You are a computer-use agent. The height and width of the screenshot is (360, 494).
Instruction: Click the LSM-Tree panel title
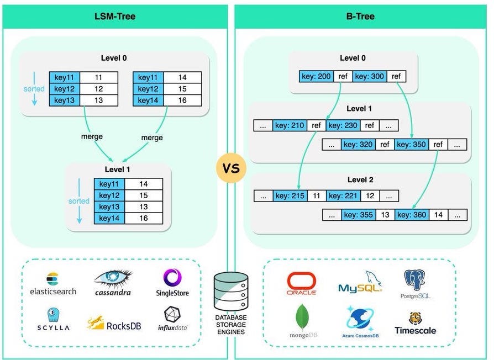[115, 16]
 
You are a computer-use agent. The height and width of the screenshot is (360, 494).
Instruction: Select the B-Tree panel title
[360, 16]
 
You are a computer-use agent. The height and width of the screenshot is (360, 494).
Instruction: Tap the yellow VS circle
[231, 168]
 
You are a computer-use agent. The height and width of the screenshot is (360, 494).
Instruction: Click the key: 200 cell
[316, 76]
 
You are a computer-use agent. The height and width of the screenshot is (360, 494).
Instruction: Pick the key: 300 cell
[369, 76]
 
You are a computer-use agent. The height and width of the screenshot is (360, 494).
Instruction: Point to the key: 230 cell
[343, 125]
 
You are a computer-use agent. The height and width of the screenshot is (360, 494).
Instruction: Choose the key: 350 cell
[411, 145]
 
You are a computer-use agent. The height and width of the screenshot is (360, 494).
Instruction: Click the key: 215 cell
[290, 195]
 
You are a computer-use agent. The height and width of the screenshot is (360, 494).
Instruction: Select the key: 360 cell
[412, 215]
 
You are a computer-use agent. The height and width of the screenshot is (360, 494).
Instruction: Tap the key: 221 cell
[343, 195]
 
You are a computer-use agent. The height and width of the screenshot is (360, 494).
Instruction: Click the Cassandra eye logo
[113, 278]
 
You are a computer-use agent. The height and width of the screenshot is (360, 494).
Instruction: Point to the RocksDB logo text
[124, 326]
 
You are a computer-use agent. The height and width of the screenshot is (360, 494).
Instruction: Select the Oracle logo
[302, 284]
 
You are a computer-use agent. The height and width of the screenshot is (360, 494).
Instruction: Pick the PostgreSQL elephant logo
[414, 280]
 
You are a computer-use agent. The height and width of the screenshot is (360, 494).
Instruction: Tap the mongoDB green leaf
[302, 317]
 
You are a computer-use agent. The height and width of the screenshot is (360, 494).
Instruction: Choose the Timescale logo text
[415, 330]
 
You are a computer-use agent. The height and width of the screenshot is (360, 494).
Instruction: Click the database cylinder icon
[231, 292]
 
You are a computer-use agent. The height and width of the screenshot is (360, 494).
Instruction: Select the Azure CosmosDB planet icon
[360, 319]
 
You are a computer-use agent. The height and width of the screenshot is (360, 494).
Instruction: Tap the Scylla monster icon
[53, 315]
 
